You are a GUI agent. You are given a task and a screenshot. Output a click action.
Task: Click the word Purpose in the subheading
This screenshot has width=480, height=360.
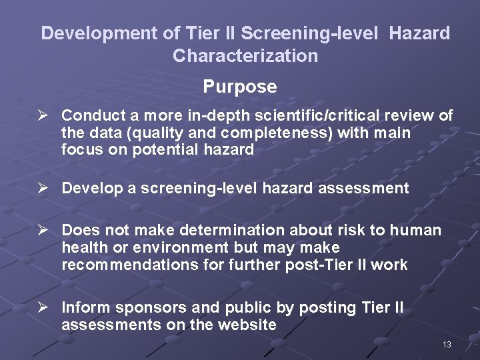point(240,87)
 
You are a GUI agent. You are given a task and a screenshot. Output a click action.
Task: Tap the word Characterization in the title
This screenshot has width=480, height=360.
point(245,55)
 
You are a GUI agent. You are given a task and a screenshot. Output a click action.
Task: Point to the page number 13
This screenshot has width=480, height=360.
point(447,344)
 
